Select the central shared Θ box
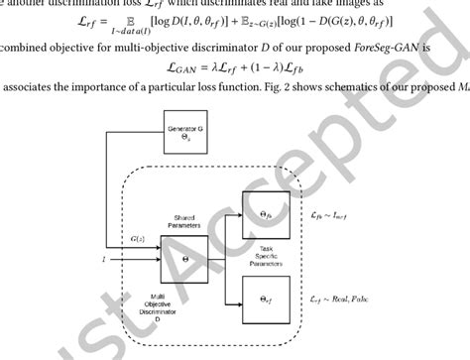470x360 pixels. coord(184,259)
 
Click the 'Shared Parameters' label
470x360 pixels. coord(183,222)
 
